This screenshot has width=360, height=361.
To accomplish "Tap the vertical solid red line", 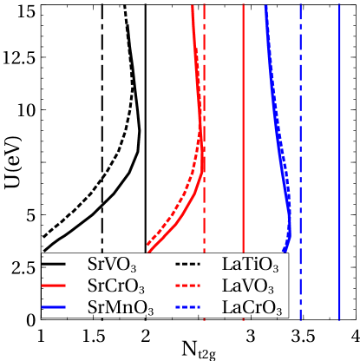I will pyautogui.click(x=243, y=130).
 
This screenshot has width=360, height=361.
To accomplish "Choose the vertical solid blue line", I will pyautogui.click(x=339, y=130).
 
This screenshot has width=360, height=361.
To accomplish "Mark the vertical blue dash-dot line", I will pyautogui.click(x=300, y=130).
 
